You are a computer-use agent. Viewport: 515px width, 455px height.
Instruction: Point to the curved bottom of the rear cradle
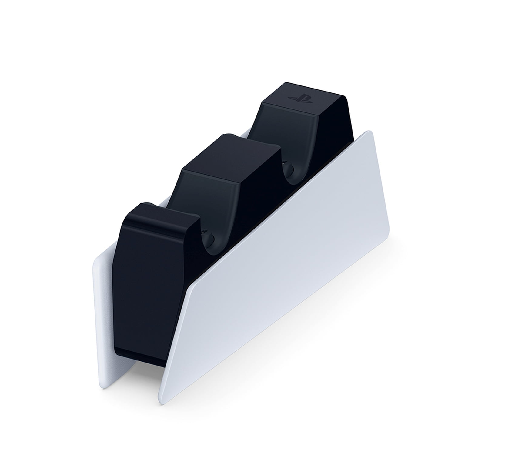(293, 179)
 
